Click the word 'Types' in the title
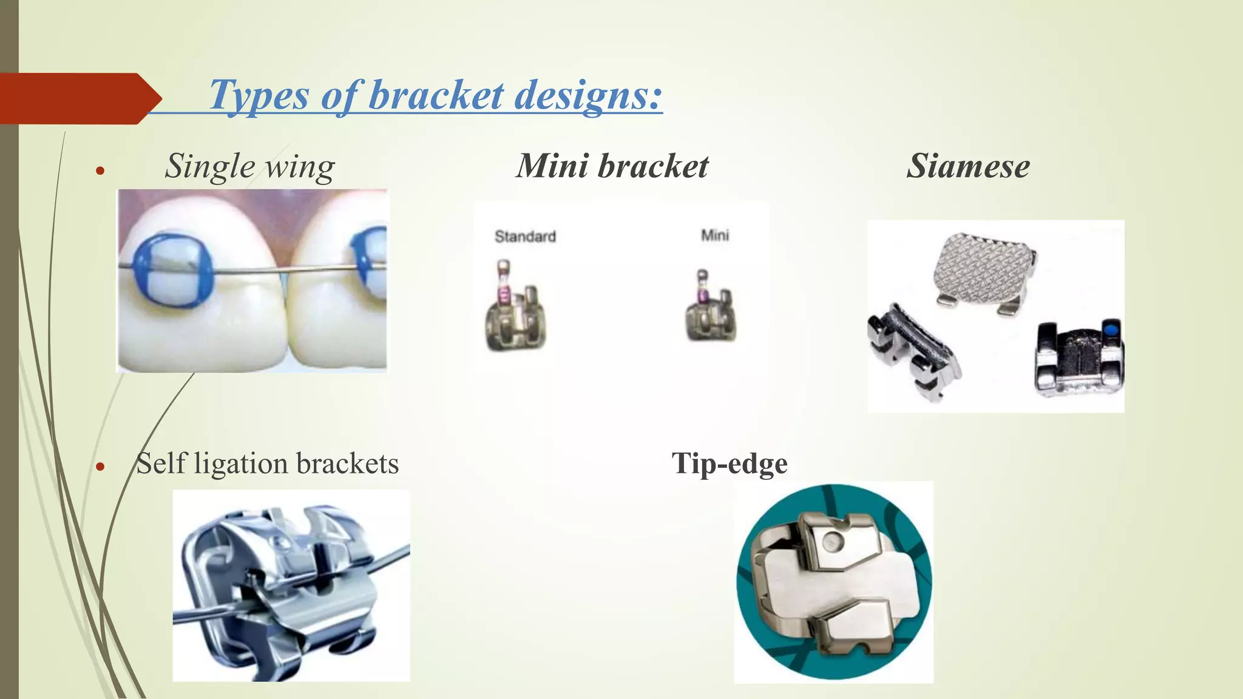tap(259, 95)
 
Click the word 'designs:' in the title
tap(588, 95)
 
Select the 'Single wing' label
tap(249, 166)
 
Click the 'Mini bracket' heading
tap(612, 166)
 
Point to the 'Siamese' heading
tap(968, 166)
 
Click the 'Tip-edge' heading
tap(729, 463)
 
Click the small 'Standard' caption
tap(525, 236)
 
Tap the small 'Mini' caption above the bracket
tap(714, 235)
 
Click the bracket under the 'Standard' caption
tap(516, 309)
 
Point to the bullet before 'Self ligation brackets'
tap(101, 467)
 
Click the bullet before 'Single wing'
tap(101, 171)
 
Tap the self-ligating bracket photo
tap(291, 585)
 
